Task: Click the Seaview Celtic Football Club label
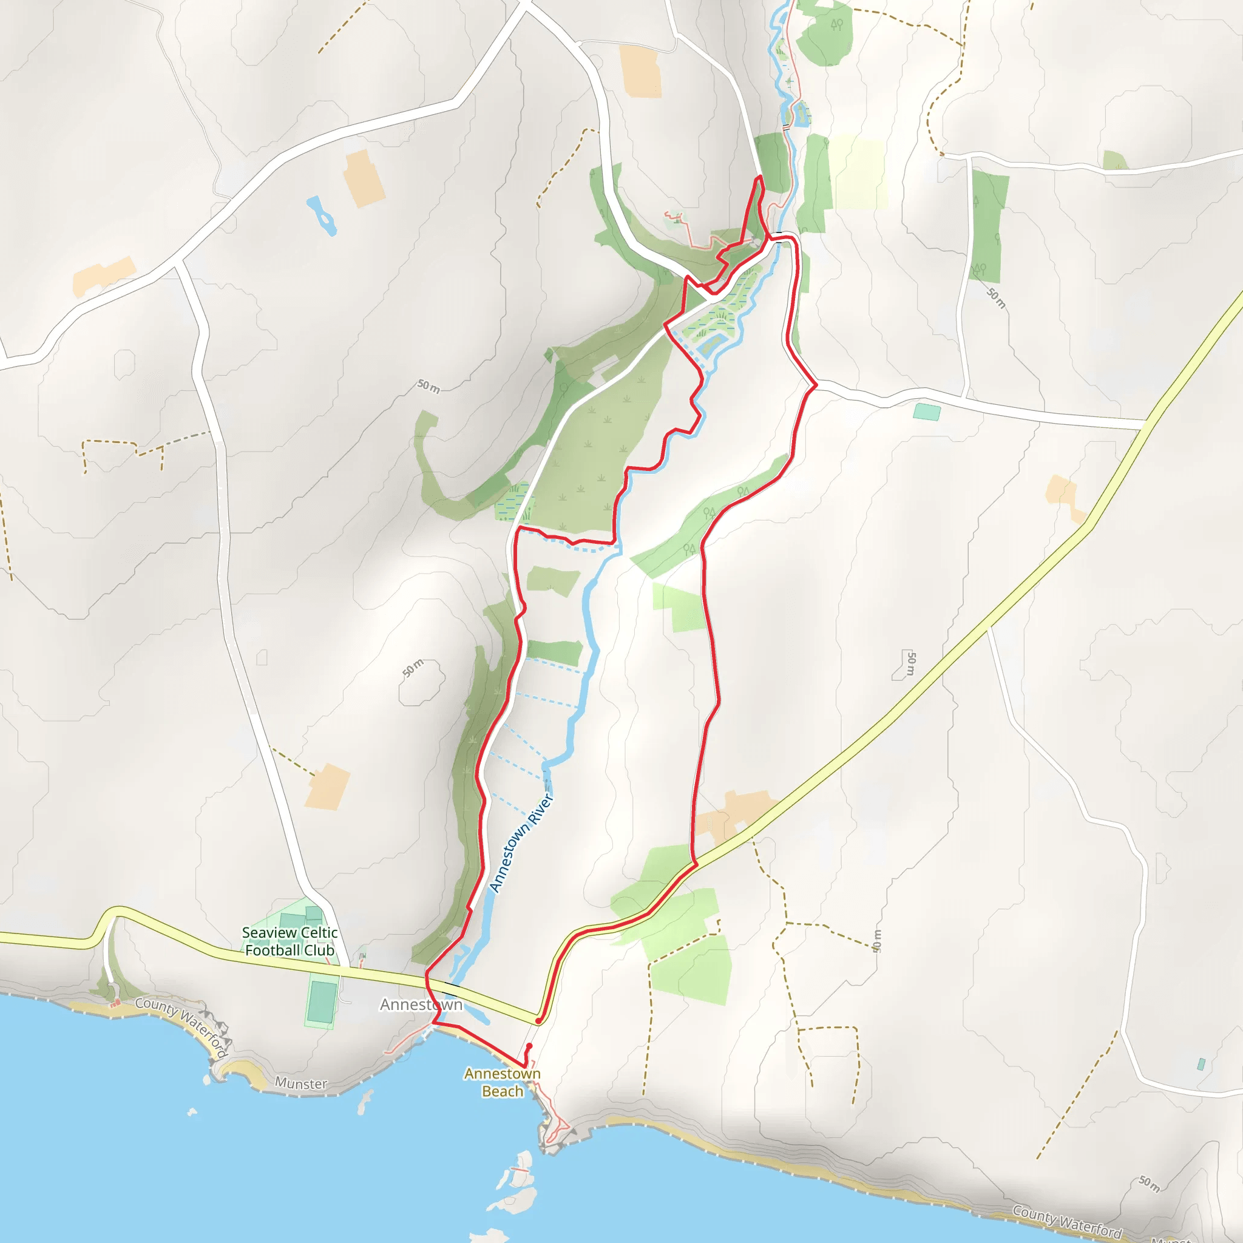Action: (x=290, y=941)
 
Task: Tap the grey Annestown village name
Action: (x=421, y=1004)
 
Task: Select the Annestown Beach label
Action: (x=503, y=1082)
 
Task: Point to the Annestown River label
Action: (x=521, y=843)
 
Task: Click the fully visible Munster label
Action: (x=301, y=1083)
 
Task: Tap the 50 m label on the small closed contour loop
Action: (x=413, y=668)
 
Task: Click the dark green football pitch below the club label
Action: (x=321, y=1001)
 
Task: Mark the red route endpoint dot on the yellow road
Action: (x=538, y=1021)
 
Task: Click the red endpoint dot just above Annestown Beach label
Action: (x=529, y=1046)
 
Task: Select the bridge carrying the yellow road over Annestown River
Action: (x=452, y=984)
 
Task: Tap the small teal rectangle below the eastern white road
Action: (x=926, y=412)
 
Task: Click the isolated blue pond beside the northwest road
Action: (x=321, y=215)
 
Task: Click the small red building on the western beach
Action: (x=115, y=1004)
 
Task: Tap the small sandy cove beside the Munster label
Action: (x=245, y=1071)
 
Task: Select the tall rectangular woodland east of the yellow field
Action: (x=987, y=225)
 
